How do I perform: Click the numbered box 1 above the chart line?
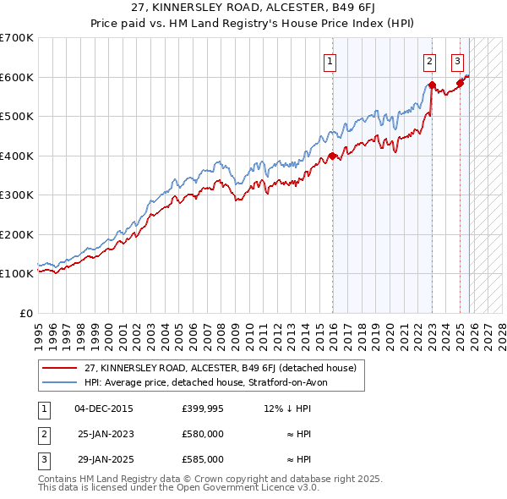pos(330,60)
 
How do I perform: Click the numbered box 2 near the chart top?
pos(429,60)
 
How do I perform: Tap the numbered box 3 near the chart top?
pos(457,60)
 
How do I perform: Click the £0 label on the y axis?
pos(26,313)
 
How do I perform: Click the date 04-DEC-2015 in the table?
pos(104,409)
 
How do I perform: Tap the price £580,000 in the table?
pos(203,434)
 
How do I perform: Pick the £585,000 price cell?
pos(203,459)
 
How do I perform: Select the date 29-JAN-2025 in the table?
pos(104,459)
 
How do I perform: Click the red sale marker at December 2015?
pos(332,156)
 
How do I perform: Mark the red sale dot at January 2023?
pos(432,85)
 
